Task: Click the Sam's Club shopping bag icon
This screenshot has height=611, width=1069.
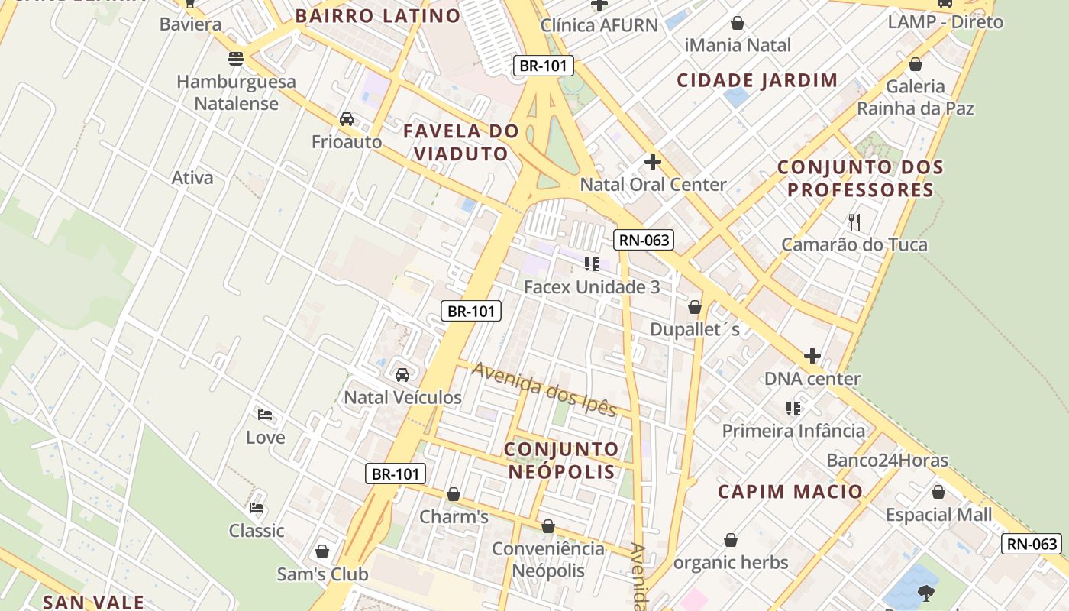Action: (x=322, y=551)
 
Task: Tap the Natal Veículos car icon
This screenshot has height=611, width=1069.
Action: (x=402, y=375)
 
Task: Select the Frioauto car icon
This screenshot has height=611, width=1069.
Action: (x=347, y=119)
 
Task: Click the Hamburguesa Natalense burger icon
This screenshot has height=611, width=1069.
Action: (x=236, y=58)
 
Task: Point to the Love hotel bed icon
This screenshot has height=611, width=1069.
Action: (x=265, y=415)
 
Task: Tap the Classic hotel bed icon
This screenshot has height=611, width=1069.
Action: (x=257, y=507)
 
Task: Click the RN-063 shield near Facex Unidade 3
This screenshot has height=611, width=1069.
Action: (x=643, y=240)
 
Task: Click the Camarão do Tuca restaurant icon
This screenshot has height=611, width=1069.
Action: (x=854, y=222)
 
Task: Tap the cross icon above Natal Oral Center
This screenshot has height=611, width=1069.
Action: (x=652, y=162)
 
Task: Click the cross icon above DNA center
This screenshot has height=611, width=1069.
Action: (x=812, y=356)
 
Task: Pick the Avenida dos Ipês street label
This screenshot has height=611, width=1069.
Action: (x=544, y=390)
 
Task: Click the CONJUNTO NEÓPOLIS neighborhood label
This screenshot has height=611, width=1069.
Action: (x=561, y=460)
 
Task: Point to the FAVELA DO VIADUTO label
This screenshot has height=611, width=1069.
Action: (x=460, y=142)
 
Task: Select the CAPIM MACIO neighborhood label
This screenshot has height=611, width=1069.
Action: (x=790, y=491)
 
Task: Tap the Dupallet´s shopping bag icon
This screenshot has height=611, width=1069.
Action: (x=694, y=307)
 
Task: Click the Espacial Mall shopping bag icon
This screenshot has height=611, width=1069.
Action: (x=938, y=492)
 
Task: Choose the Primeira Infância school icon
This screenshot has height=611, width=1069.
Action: (x=793, y=408)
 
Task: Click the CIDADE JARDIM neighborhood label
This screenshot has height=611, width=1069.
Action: (x=757, y=80)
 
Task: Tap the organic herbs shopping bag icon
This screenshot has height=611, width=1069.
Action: (x=731, y=540)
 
